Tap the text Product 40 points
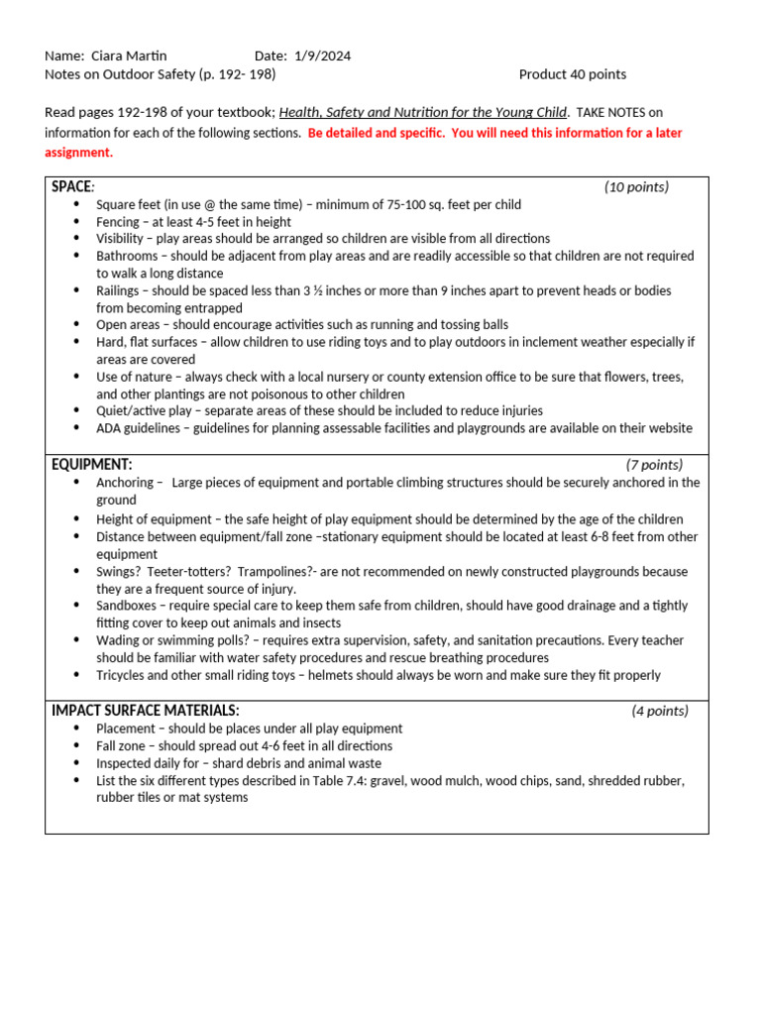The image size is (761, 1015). click(573, 74)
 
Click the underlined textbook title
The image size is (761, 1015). click(423, 113)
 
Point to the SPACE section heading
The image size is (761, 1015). click(71, 186)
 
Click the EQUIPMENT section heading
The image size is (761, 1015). click(91, 464)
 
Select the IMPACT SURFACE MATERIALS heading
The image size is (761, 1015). click(146, 711)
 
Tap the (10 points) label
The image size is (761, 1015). click(636, 186)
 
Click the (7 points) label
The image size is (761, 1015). click(654, 464)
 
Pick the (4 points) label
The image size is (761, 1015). click(660, 711)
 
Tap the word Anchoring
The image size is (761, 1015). click(125, 483)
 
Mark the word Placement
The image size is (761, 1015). click(126, 729)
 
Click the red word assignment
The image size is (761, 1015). click(78, 152)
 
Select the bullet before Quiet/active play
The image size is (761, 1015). click(77, 411)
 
